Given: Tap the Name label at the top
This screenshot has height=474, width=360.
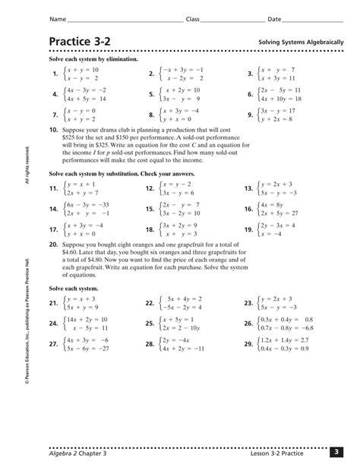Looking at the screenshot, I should tap(56, 17).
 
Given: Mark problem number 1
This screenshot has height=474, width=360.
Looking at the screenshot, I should tap(54, 74).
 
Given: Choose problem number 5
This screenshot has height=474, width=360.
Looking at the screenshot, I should tap(151, 95).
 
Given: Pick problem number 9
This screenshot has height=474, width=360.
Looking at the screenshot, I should tap(249, 115).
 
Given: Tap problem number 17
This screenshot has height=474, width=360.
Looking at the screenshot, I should tap(53, 229).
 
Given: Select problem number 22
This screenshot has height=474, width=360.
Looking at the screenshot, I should tap(150, 303).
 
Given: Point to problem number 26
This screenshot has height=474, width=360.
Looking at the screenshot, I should tap(248, 324).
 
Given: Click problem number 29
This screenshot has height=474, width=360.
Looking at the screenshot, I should tap(248, 344).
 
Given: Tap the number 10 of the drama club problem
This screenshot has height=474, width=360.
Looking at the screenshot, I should tap(52, 130).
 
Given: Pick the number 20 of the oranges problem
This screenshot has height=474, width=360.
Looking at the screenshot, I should tap(52, 246).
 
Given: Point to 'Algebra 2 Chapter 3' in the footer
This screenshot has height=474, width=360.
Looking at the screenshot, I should tap(77, 453).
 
